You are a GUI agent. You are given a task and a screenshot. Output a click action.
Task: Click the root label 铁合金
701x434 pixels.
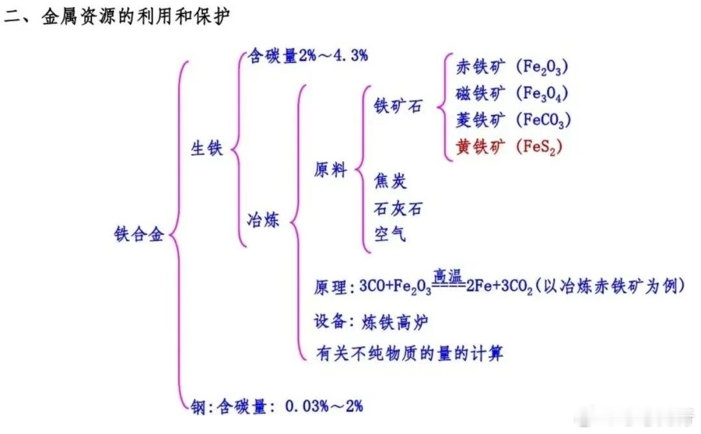(139, 234)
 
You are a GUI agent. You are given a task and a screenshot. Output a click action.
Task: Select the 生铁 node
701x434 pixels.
(206, 148)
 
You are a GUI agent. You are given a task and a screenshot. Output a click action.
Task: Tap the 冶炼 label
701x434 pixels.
(263, 220)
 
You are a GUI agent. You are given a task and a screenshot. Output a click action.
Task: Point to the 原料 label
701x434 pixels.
(330, 170)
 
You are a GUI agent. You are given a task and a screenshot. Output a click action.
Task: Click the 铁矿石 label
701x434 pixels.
(398, 106)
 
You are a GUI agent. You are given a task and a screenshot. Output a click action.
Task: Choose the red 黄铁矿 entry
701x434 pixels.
(480, 146)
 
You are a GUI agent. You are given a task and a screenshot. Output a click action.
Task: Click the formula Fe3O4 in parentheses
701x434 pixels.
(542, 94)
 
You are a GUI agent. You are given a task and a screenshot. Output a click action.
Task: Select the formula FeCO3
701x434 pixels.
(544, 120)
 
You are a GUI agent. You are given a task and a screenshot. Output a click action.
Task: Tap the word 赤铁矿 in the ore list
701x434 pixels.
(480, 67)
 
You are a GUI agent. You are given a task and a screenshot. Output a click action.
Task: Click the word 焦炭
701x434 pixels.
(390, 181)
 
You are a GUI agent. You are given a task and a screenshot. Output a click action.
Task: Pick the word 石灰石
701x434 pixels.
(398, 209)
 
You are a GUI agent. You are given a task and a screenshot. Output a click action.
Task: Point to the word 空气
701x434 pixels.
(390, 234)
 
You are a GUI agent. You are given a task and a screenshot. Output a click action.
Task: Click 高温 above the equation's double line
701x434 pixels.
(448, 276)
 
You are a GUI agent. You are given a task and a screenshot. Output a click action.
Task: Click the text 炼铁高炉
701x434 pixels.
(395, 322)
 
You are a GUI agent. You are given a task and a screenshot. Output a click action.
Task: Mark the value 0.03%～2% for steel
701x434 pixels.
(324, 406)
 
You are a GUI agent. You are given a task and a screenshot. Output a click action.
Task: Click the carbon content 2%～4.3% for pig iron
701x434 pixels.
(333, 55)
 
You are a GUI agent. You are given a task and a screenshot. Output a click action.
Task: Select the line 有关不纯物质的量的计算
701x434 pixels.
(410, 353)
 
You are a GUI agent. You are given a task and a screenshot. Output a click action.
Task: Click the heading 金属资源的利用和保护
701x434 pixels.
(136, 16)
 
